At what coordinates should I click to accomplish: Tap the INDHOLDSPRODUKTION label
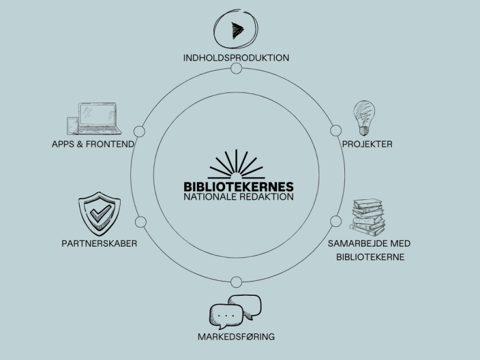tap(236, 58)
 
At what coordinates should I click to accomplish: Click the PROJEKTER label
tap(367, 144)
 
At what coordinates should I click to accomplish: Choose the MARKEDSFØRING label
tap(236, 336)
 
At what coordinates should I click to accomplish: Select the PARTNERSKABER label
tap(99, 244)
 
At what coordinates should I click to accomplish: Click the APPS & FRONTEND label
tap(93, 144)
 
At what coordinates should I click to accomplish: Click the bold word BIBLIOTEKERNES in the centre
tap(238, 186)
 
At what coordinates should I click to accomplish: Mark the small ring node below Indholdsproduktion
tap(236, 68)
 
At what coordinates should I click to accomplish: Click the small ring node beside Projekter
tap(335, 131)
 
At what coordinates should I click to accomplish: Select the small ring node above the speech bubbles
tap(236, 281)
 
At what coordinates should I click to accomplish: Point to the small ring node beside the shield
tap(141, 222)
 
